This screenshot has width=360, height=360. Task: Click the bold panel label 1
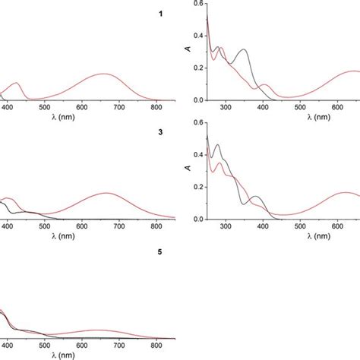(x=159, y=13)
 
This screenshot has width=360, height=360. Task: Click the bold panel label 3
(x=159, y=133)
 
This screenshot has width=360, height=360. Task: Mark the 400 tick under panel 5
(x=8, y=348)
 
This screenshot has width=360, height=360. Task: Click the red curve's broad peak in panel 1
(x=104, y=74)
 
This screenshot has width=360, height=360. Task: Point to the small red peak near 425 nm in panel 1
(x=18, y=82)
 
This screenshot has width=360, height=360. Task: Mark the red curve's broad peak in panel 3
(x=105, y=193)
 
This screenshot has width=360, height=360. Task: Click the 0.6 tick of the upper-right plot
(x=199, y=4)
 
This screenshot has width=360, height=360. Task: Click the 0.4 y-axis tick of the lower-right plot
(x=199, y=155)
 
